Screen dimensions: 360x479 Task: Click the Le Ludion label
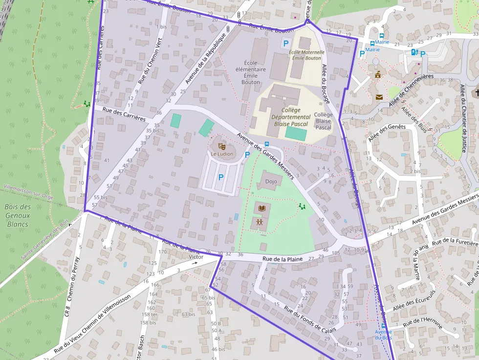[x=222, y=154]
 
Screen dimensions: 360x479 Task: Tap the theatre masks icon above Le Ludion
[x=222, y=146]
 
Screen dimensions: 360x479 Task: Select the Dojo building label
[x=271, y=182]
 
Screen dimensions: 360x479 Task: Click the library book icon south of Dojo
[x=262, y=209]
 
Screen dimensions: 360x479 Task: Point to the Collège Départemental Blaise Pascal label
[x=291, y=117]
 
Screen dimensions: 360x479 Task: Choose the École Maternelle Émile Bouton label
[x=306, y=55]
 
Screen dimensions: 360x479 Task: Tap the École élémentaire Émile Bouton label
[x=251, y=72]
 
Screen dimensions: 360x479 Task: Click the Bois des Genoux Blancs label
[x=18, y=215]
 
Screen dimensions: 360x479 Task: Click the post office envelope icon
[x=379, y=97]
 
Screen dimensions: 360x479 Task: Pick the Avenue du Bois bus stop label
[x=383, y=335]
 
